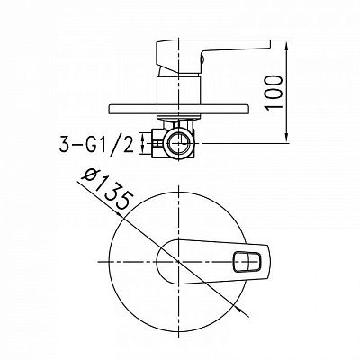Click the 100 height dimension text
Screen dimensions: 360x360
point(274,93)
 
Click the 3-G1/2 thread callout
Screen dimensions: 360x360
point(96,144)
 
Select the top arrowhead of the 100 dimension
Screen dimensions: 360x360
point(287,47)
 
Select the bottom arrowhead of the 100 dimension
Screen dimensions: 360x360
point(287,137)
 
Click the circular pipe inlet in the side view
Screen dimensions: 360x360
point(179,144)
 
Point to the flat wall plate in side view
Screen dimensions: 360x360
point(179,109)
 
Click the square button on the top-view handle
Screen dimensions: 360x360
point(247,262)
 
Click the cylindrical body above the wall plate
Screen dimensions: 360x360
point(178,90)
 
